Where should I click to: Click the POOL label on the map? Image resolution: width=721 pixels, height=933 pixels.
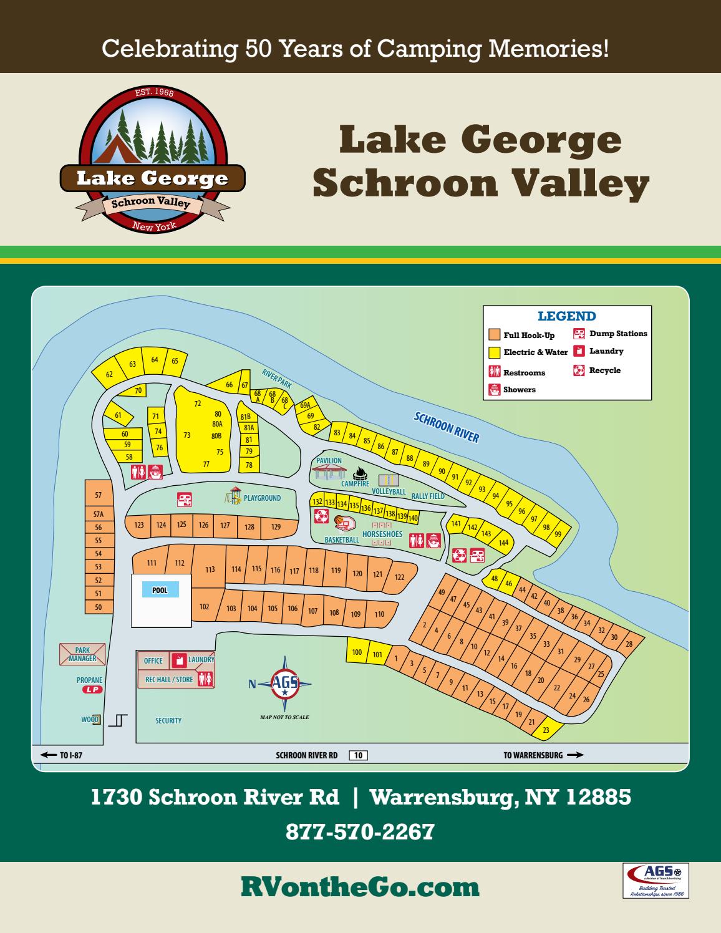[160, 590]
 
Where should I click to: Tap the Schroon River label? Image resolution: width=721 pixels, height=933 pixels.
[447, 427]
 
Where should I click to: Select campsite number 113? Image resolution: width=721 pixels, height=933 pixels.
[210, 569]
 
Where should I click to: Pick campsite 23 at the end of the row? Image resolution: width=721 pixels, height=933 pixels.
[546, 730]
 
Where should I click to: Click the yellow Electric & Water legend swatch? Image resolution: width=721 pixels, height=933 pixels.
[495, 352]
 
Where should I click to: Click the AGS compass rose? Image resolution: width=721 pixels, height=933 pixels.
[285, 684]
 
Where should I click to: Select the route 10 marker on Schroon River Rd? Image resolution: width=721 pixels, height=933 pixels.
[358, 755]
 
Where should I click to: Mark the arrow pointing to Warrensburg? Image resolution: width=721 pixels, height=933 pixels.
[576, 755]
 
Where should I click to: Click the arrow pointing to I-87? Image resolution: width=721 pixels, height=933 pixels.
[48, 755]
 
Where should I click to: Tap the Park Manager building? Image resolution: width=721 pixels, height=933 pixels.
[83, 654]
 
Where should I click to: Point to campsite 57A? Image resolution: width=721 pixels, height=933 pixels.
[99, 515]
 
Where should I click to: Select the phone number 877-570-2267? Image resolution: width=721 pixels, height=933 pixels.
[360, 831]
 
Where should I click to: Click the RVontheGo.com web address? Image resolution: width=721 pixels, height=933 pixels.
[360, 887]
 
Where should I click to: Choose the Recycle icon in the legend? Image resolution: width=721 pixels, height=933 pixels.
[579, 370]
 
